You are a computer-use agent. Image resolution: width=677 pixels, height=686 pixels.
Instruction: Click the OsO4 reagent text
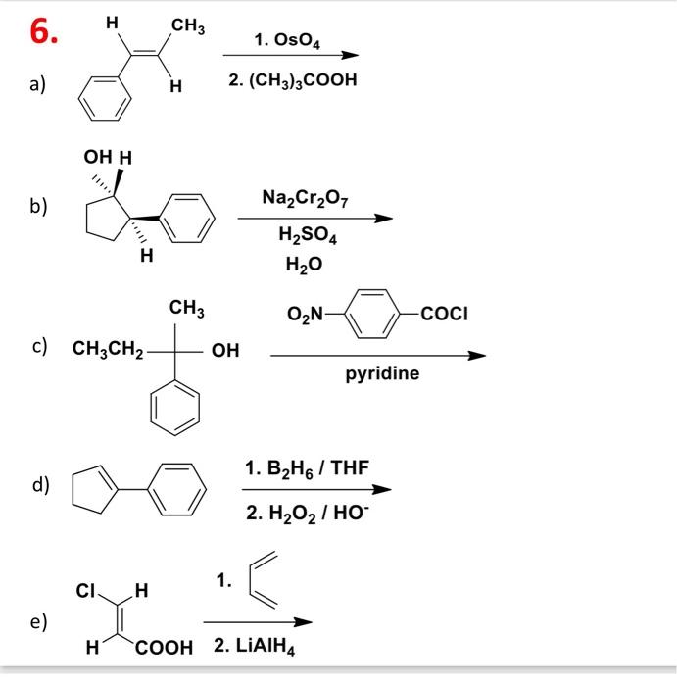(x=288, y=40)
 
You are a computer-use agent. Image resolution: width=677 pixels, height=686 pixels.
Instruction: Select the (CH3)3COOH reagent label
(x=292, y=79)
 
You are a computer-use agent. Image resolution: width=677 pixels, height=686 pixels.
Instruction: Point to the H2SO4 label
(x=304, y=235)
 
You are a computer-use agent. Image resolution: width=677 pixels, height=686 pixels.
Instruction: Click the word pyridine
(x=382, y=373)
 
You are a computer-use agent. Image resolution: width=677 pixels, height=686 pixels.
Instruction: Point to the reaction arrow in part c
(x=377, y=355)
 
